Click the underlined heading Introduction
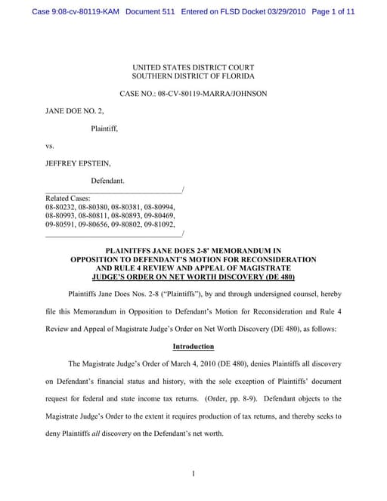tap(193, 346)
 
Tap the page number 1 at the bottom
tap(193, 474)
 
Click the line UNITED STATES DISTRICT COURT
tap(193, 67)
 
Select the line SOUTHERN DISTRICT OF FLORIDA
tap(193, 76)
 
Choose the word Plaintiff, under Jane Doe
tap(104, 128)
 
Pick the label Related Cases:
tap(68, 197)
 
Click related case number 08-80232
tap(60, 206)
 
